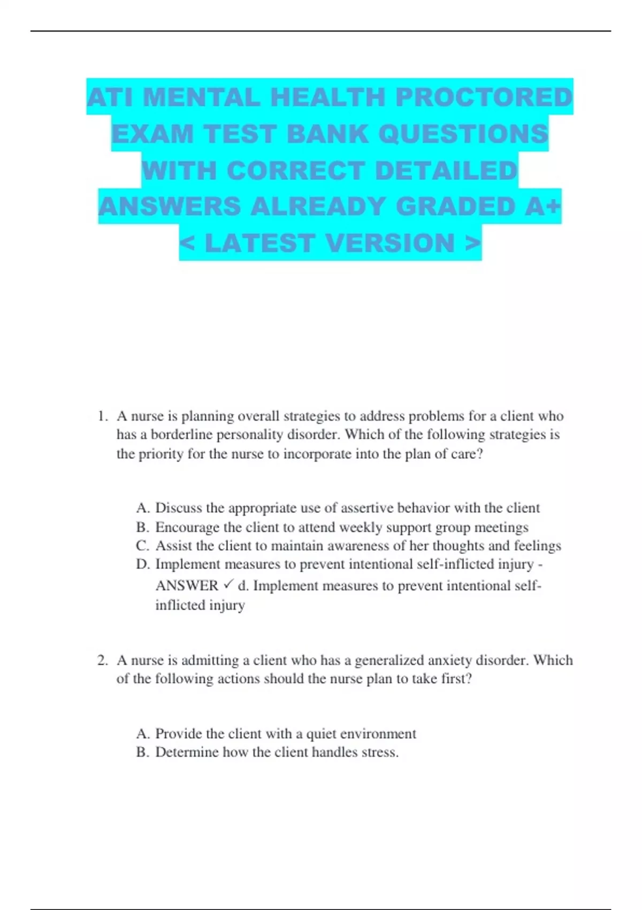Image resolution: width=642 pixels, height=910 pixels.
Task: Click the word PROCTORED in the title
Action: [484, 97]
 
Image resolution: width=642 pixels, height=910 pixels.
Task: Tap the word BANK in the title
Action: [328, 134]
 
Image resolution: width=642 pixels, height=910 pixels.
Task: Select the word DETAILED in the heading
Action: [446, 171]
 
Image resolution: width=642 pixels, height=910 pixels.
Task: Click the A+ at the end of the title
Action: [542, 207]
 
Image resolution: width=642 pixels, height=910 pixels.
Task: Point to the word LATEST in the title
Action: [259, 243]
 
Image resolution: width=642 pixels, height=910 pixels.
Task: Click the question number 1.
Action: [102, 416]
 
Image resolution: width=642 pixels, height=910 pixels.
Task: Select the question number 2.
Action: [102, 661]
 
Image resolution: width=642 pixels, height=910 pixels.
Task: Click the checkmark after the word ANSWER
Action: [228, 585]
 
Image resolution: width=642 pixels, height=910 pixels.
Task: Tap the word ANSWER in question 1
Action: [187, 586]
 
